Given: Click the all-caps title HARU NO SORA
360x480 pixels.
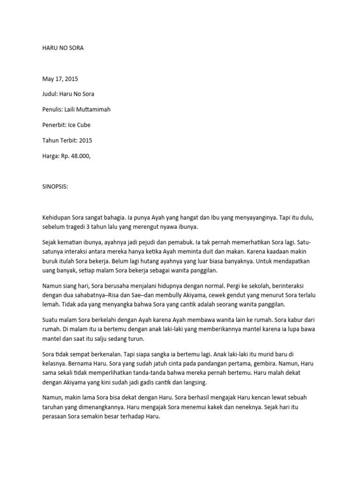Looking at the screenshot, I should [63, 48].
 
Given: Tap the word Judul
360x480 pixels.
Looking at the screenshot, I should [51, 94].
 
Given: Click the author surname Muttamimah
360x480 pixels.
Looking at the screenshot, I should [94, 110].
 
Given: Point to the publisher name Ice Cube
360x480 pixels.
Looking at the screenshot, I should [80, 125].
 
